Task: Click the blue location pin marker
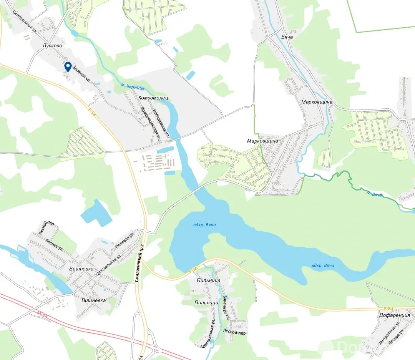[68, 67]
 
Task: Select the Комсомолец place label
[153, 98]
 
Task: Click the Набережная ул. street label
[161, 123]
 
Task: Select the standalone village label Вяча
[287, 37]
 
